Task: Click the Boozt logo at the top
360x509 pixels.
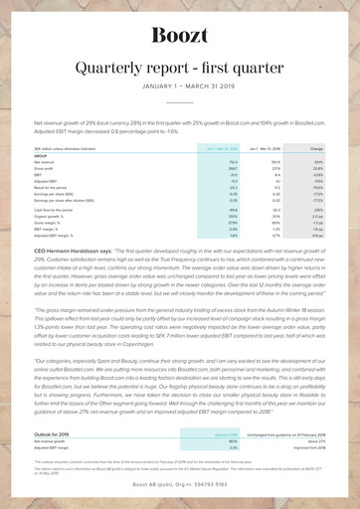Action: pyautogui.click(x=179, y=37)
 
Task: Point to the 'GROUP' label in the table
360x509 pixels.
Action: pyautogui.click(x=70, y=154)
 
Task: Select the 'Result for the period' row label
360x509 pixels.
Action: pyautogui.click(x=79, y=187)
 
